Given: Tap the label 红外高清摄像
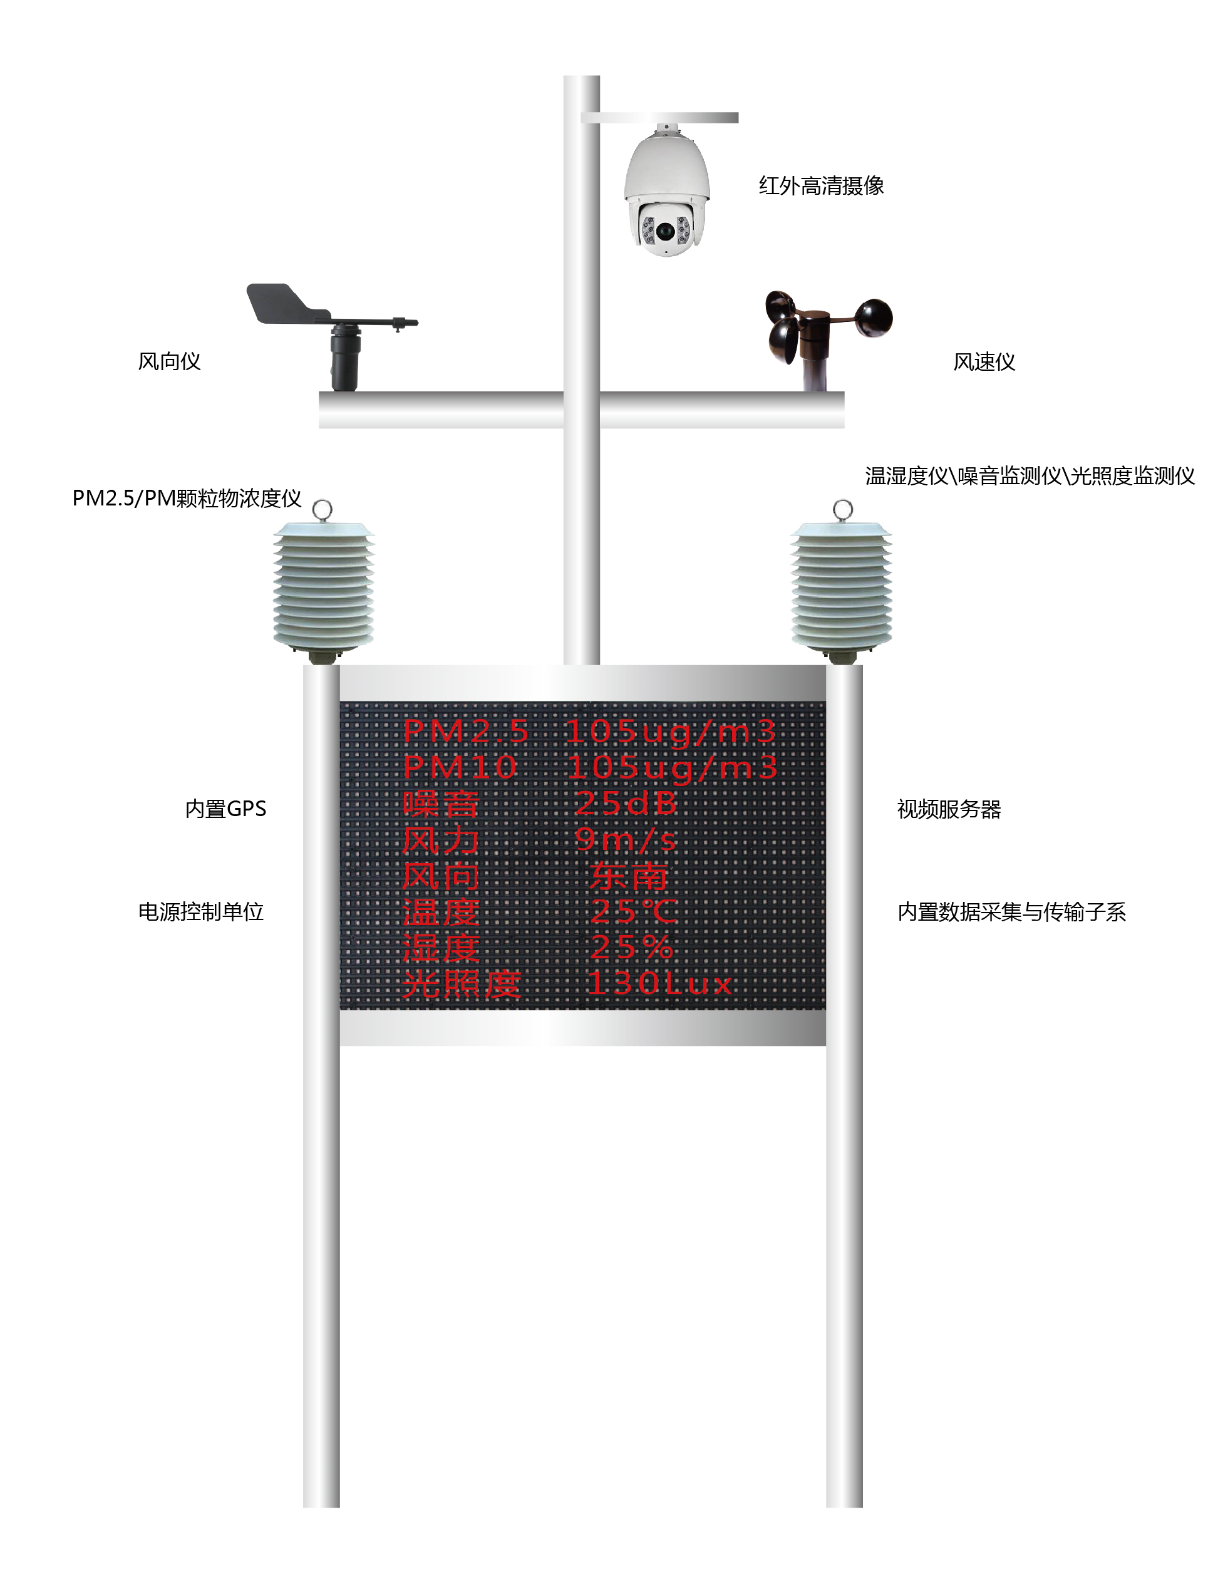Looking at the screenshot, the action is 821,185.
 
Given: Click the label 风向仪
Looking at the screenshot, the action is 169,361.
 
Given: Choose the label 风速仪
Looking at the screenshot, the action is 984,361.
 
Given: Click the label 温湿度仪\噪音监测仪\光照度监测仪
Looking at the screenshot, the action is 1030,475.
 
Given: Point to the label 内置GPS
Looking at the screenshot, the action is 226,809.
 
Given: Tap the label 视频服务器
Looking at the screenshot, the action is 949,809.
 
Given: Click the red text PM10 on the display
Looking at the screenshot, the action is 460,767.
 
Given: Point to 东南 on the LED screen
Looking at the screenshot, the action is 629,876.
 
